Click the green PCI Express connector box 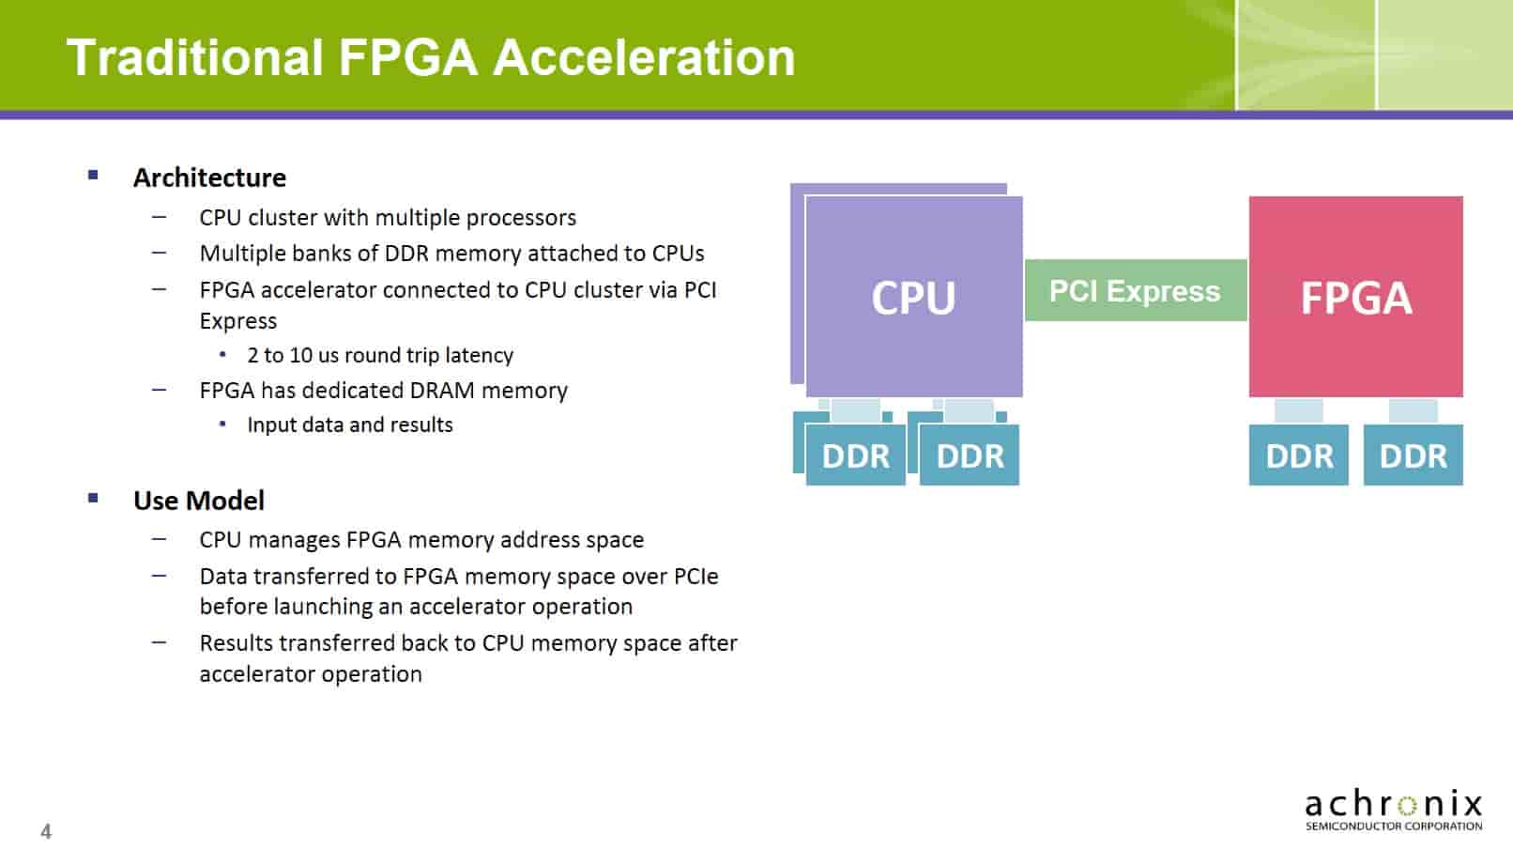pos(1135,291)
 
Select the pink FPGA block pos(1355,297)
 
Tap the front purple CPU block pos(913,297)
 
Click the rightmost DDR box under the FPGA pos(1413,455)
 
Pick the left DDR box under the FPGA pos(1298,455)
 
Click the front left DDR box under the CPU pos(855,455)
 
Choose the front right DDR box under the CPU pos(970,455)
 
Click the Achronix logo pos(1393,810)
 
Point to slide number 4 pos(46,831)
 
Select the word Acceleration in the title pos(644,57)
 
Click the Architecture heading pos(209,178)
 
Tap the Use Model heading pos(199,501)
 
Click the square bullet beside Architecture pos(93,175)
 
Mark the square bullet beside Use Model pos(93,498)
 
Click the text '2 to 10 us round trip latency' pos(380,355)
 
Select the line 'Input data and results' pos(349,424)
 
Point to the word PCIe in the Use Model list pos(695,577)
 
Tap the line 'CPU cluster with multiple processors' pos(388,218)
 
